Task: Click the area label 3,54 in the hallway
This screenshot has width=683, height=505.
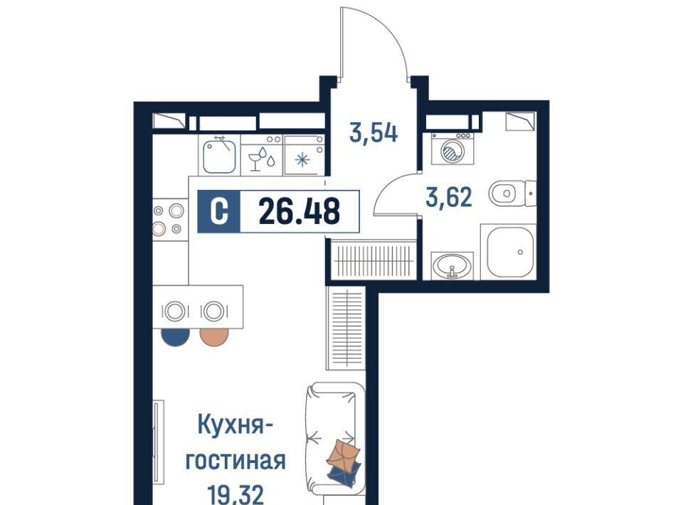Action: click(374, 133)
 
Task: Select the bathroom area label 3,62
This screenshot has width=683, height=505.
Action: click(449, 197)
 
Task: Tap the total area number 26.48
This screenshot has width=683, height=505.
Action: click(300, 211)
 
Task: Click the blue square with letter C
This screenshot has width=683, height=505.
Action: click(218, 211)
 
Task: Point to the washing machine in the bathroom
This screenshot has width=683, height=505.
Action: click(452, 149)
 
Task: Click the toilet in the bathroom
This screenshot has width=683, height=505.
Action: click(512, 193)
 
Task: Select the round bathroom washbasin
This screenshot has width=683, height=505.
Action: click(452, 265)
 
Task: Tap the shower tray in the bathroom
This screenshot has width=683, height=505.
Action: click(508, 252)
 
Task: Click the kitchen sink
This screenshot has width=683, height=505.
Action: click(220, 155)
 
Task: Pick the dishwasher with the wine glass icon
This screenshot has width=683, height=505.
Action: click(262, 155)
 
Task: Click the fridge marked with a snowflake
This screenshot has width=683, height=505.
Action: click(304, 155)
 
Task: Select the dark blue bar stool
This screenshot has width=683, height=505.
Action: click(175, 337)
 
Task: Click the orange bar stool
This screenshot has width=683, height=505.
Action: click(214, 337)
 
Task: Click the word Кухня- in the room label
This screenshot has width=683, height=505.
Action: click(235, 425)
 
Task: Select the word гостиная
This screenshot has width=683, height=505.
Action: click(235, 461)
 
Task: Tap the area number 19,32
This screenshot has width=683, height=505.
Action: click(235, 494)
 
